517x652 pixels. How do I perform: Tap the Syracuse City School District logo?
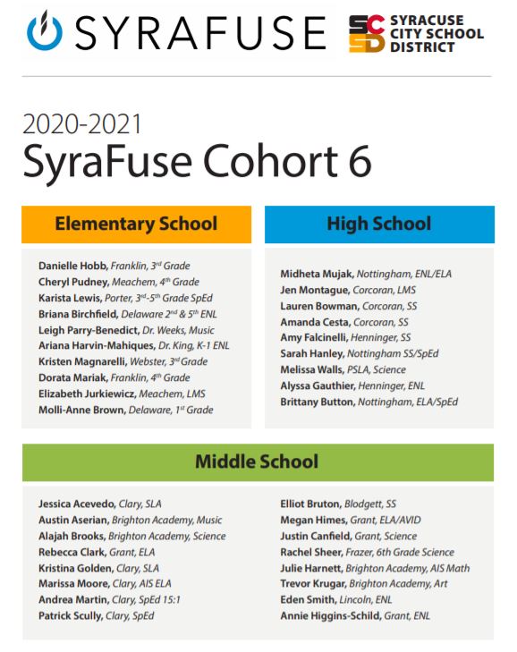416,33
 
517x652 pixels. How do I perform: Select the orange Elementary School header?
136,224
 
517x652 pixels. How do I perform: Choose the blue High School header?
378,224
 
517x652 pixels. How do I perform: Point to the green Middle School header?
257,461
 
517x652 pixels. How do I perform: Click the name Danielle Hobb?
72,266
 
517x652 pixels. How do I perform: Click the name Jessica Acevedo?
77,504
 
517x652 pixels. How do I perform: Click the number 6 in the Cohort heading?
356,165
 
